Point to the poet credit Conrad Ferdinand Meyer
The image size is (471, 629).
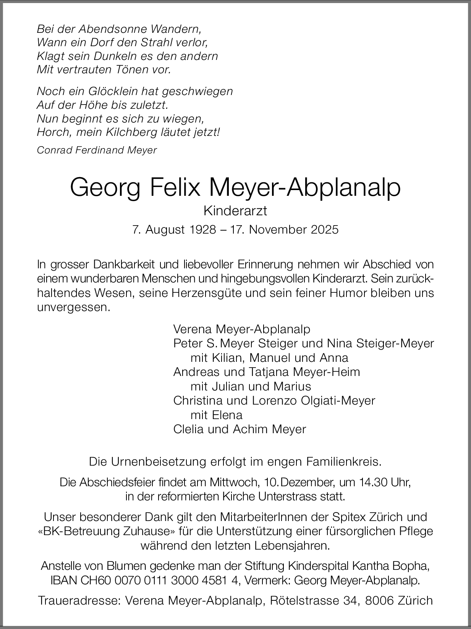click(x=97, y=150)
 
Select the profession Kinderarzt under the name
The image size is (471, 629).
click(x=235, y=210)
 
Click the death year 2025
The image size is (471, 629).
click(x=324, y=230)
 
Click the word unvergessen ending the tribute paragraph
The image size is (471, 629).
click(x=73, y=308)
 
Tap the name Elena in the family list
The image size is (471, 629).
click(x=227, y=415)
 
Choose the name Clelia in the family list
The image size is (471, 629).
click(x=189, y=429)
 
